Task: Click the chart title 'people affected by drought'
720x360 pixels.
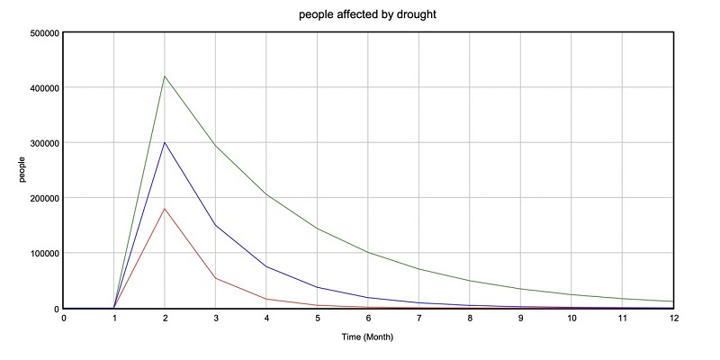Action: tap(368, 15)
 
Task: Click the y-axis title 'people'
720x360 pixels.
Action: tap(24, 171)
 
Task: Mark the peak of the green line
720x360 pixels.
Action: tap(165, 76)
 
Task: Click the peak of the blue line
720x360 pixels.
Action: tap(165, 142)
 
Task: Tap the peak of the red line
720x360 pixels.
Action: tap(165, 209)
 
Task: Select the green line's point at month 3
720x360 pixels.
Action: tap(216, 146)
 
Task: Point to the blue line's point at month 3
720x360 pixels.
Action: tap(216, 225)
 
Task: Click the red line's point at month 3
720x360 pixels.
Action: tap(216, 278)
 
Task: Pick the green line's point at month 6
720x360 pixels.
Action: tap(368, 253)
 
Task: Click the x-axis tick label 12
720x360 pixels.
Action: tap(673, 318)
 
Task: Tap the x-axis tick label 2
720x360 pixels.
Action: tap(165, 318)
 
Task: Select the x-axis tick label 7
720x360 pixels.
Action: tap(419, 318)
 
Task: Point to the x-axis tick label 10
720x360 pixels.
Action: tap(571, 318)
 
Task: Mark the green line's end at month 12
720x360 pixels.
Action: tap(673, 301)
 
